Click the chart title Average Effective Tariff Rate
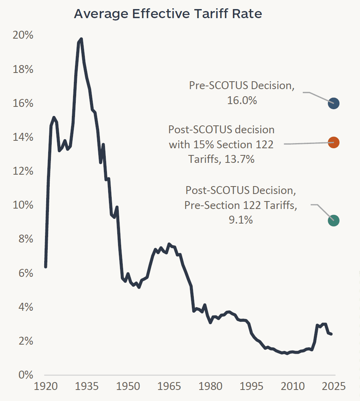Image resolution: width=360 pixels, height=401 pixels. (x=168, y=14)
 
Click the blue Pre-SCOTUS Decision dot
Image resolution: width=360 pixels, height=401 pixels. (x=334, y=103)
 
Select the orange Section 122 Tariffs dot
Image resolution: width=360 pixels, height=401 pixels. (x=334, y=143)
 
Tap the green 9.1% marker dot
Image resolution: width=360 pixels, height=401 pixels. (x=334, y=220)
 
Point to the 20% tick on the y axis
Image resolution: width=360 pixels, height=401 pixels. (x=23, y=35)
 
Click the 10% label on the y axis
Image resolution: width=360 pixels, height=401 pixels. (x=23, y=205)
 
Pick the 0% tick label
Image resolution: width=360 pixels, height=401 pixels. (x=25, y=375)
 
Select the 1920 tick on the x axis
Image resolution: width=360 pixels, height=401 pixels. (x=46, y=386)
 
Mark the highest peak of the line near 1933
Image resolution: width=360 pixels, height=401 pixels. (x=81, y=39)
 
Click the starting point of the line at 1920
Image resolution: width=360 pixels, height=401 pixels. (x=46, y=267)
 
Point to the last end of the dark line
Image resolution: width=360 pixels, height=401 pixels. (x=331, y=334)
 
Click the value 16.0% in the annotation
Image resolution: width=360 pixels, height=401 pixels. (x=242, y=101)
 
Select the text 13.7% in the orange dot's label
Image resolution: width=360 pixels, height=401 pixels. (x=239, y=159)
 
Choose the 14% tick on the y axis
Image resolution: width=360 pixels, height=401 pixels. (x=23, y=137)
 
